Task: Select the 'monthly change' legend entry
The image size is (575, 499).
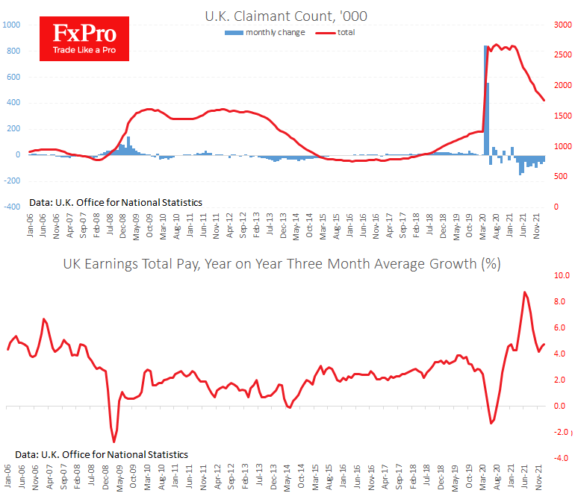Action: [x=264, y=32]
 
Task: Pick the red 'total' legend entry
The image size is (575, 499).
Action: [x=335, y=32]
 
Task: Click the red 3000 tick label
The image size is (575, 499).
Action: [x=562, y=25]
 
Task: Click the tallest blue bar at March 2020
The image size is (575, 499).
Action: [x=485, y=100]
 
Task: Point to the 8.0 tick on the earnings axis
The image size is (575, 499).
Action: [x=559, y=302]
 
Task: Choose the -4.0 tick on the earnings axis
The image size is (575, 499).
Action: [x=559, y=458]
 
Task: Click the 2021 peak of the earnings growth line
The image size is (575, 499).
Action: [x=524, y=292]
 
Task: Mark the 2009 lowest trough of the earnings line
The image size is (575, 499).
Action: [x=114, y=442]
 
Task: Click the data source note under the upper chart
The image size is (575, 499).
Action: [x=116, y=202]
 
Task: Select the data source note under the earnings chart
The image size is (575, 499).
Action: [x=102, y=454]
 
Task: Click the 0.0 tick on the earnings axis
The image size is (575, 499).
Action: [x=559, y=407]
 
